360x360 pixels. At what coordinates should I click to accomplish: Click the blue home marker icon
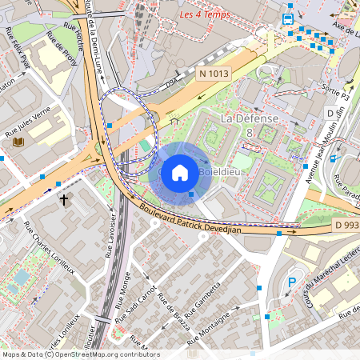click(180, 172)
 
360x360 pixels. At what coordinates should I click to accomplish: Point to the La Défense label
click(249, 118)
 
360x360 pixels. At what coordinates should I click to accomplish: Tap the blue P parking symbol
click(292, 282)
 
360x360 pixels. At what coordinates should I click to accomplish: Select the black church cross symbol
click(63, 198)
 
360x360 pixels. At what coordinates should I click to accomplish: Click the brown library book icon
click(18, 142)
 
